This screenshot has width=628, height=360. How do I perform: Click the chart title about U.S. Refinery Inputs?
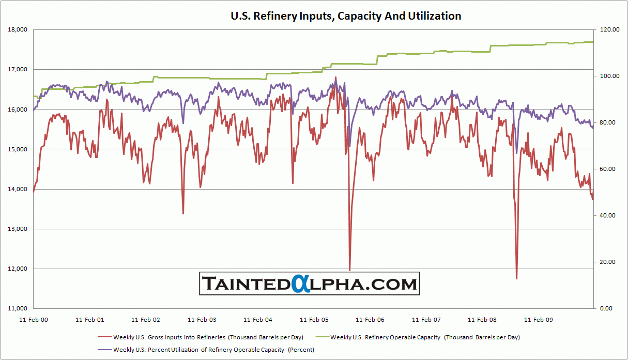pyautogui.click(x=346, y=16)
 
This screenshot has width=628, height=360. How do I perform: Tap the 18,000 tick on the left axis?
pyautogui.click(x=18, y=30)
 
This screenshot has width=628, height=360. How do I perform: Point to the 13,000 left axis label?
pyautogui.click(x=18, y=229)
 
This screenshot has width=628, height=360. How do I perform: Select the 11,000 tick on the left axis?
pyautogui.click(x=18, y=309)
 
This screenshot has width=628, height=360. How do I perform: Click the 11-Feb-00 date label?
pyautogui.click(x=33, y=320)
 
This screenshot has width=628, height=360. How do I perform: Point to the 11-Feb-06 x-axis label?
pyautogui.click(x=371, y=320)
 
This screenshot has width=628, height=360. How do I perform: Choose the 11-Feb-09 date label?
pyautogui.click(x=539, y=320)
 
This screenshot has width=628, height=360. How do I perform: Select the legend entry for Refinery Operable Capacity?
pyautogui.click(x=425, y=337)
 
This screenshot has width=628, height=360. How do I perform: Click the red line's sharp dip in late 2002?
pyautogui.click(x=183, y=213)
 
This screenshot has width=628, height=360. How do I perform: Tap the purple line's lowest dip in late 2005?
pyautogui.click(x=349, y=146)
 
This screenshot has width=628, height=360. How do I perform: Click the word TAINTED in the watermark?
pyautogui.click(x=246, y=284)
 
